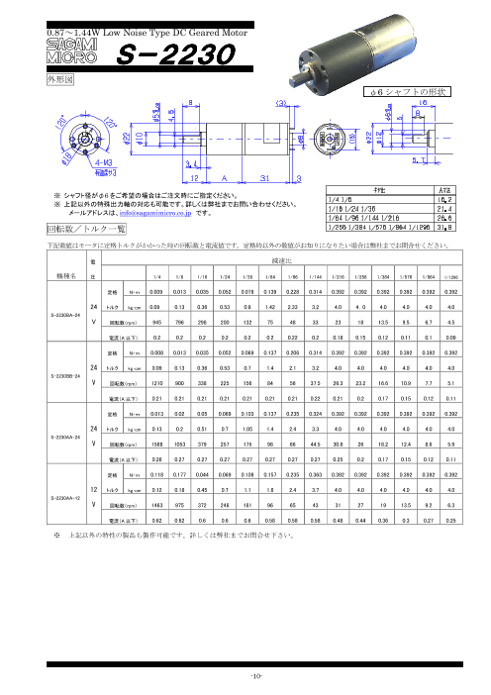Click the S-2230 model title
(x=164, y=56)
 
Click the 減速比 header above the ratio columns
(x=297, y=262)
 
